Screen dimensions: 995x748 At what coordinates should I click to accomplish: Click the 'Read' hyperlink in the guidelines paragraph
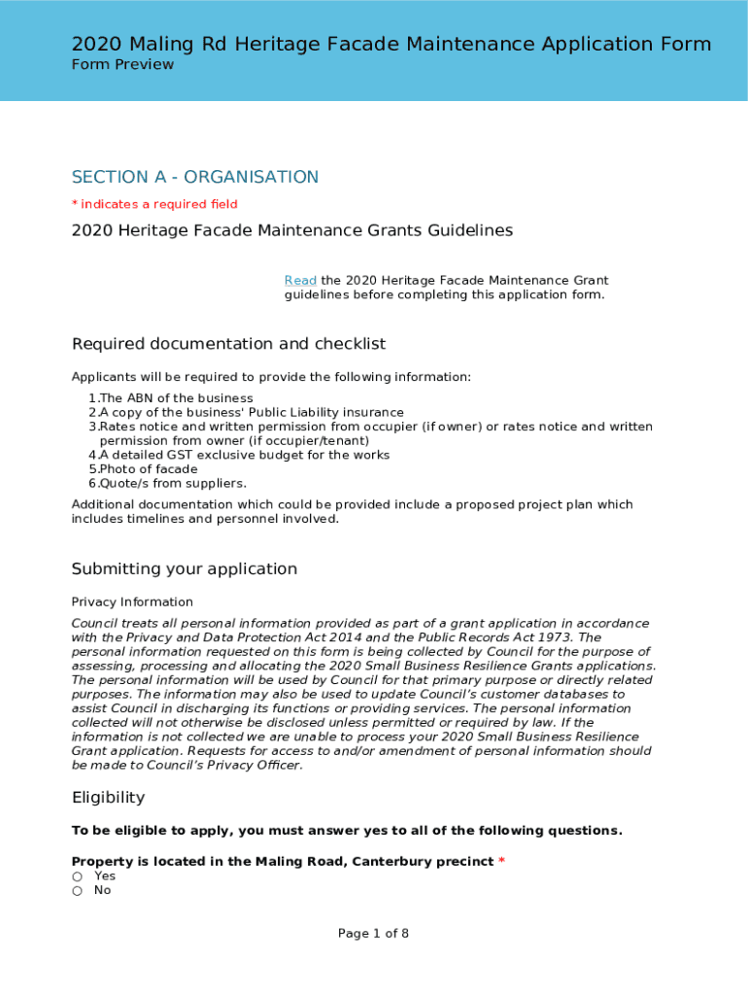[300, 281]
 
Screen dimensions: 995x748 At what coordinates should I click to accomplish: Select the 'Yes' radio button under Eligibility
[77, 876]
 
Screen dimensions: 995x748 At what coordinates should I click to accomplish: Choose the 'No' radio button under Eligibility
[77, 891]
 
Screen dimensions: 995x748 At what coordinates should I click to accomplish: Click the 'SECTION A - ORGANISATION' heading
[194, 177]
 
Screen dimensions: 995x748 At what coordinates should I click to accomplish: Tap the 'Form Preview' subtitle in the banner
[122, 64]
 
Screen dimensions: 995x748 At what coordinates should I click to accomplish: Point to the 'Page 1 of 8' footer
[373, 934]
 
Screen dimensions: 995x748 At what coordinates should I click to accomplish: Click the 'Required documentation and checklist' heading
[228, 344]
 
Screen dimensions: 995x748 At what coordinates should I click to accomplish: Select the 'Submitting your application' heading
[185, 569]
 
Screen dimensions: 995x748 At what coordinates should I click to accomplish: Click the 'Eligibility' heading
[108, 798]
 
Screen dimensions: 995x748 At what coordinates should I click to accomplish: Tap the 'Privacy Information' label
[132, 602]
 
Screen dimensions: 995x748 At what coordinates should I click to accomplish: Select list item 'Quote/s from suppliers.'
[159, 483]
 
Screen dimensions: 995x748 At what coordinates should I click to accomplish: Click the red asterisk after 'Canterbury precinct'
[501, 862]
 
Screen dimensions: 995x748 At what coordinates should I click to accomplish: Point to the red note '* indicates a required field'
[154, 204]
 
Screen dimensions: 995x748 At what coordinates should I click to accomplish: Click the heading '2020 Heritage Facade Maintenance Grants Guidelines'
[291, 231]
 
